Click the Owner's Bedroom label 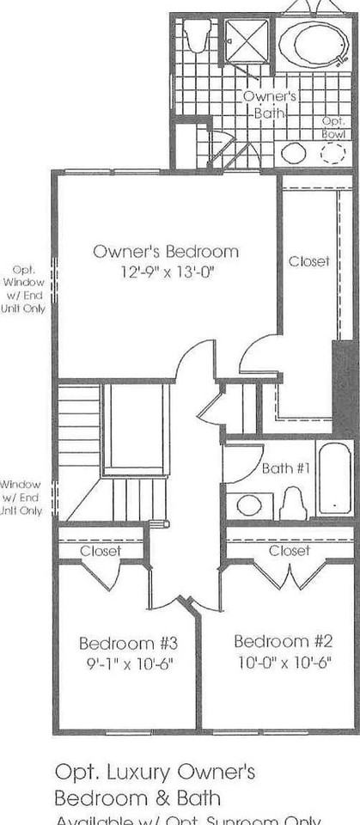point(165,252)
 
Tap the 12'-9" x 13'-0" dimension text point(165,271)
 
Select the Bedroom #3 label point(128,643)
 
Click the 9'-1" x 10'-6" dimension point(128,663)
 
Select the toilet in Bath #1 point(293,504)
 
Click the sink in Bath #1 point(249,504)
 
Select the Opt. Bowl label point(333,128)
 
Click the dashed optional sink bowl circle point(333,154)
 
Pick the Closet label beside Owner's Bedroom point(309,261)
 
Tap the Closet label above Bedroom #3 point(101,551)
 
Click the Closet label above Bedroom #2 point(289,550)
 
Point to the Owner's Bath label point(270,104)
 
